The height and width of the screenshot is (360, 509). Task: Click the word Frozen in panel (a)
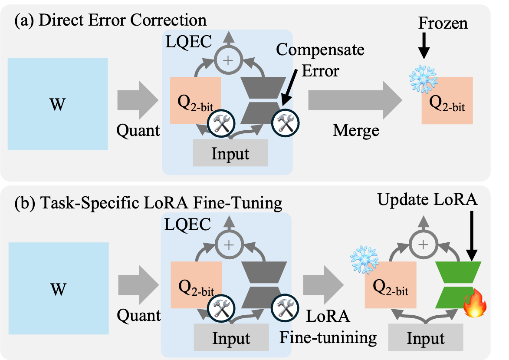(443, 23)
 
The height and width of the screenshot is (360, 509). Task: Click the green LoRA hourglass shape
(459, 284)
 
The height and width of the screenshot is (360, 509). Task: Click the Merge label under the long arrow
(356, 130)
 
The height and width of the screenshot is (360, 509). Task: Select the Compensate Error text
(320, 59)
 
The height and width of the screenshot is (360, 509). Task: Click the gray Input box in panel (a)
(230, 154)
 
